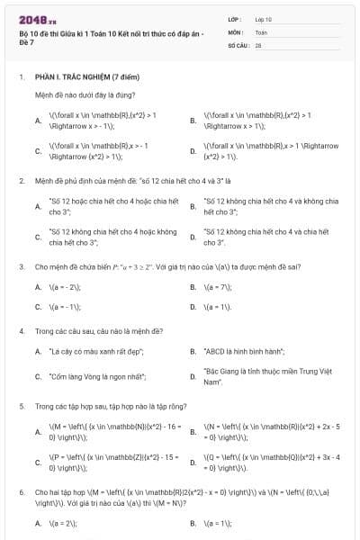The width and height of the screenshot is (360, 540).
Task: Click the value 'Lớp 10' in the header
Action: (x=264, y=18)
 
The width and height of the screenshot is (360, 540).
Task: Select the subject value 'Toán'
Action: (x=261, y=31)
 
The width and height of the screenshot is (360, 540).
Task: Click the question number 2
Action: (x=21, y=180)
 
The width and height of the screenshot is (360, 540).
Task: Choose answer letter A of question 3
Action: (x=38, y=287)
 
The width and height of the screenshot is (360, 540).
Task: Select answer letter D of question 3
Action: (x=193, y=306)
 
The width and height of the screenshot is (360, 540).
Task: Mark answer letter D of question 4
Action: (x=193, y=375)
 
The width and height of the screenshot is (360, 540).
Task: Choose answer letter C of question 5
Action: (x=38, y=463)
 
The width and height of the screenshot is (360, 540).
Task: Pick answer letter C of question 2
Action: (x=38, y=237)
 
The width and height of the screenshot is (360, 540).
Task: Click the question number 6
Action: (x=21, y=493)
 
